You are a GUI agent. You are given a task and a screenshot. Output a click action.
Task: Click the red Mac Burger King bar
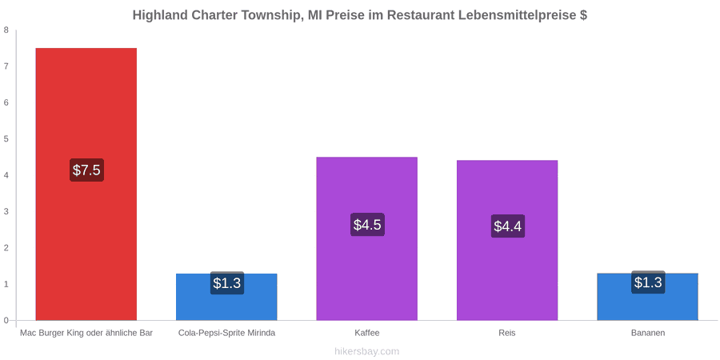(86, 184)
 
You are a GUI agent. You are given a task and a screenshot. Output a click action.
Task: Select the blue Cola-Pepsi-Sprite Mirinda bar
(226, 297)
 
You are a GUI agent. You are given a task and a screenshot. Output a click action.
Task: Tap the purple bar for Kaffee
(367, 238)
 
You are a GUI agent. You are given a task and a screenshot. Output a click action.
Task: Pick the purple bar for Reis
(507, 240)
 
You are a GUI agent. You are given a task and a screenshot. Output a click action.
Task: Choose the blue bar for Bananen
(647, 297)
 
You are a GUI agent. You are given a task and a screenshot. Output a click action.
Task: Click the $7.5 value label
(86, 170)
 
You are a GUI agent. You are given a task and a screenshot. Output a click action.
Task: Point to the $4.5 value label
(367, 225)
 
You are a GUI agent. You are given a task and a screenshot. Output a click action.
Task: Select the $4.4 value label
(507, 226)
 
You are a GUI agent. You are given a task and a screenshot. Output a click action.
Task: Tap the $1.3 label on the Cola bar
(227, 283)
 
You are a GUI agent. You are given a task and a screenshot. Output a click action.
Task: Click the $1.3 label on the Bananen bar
(648, 282)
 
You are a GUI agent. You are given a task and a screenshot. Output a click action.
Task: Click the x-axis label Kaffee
(367, 333)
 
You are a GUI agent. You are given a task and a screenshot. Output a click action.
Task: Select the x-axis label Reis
(507, 333)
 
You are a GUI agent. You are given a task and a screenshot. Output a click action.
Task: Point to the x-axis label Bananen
(647, 333)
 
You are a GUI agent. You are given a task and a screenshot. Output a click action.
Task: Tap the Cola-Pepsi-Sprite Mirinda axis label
(227, 333)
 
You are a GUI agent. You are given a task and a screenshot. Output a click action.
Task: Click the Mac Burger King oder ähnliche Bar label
(86, 333)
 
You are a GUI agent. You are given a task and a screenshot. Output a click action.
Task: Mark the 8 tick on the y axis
(6, 30)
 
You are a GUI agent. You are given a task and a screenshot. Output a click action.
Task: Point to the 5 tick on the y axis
(6, 139)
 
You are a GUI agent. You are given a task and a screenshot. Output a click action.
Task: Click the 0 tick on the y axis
(6, 321)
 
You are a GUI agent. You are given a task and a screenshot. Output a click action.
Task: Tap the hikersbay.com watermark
(367, 352)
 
